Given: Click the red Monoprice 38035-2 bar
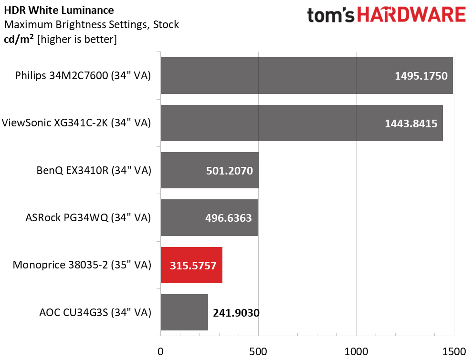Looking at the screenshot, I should coord(191,265).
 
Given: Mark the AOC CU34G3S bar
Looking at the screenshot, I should coord(184,312).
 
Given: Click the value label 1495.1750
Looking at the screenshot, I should coord(421,76).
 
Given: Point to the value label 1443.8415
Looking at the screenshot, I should coord(411,123).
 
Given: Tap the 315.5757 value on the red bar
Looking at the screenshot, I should coord(191,266).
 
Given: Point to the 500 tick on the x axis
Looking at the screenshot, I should coord(258,351).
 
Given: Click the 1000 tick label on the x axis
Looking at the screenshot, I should coord(356,351).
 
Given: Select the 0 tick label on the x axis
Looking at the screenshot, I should coord(161,351).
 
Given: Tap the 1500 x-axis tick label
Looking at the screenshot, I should coord(453,351).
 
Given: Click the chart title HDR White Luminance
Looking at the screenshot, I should coord(59,10).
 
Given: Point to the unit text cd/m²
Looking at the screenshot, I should coord(19,39).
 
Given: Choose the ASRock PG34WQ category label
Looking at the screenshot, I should coord(88,218).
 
